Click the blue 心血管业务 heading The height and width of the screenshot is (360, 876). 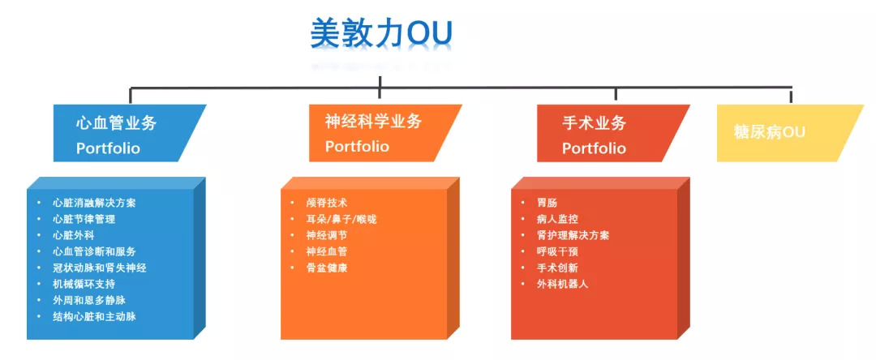(x=116, y=123)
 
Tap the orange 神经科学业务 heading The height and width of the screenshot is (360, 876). (x=373, y=122)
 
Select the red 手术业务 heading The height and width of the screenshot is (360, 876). (x=594, y=123)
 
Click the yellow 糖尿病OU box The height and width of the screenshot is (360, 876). (x=769, y=132)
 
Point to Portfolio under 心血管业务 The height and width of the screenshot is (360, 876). (x=108, y=148)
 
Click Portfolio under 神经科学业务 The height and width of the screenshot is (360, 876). (x=357, y=147)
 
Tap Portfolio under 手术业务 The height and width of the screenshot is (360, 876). (x=594, y=148)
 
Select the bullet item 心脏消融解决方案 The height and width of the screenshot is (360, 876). (x=94, y=203)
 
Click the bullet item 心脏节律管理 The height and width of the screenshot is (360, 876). (x=84, y=219)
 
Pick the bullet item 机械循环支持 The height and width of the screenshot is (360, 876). (x=84, y=284)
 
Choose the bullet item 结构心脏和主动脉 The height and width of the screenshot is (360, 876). (x=94, y=316)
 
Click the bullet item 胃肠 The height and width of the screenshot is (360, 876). (x=547, y=203)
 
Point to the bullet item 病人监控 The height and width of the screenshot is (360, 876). (x=557, y=219)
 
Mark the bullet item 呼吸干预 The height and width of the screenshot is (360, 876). (x=557, y=251)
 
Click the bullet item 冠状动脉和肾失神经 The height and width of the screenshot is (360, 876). (x=99, y=268)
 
